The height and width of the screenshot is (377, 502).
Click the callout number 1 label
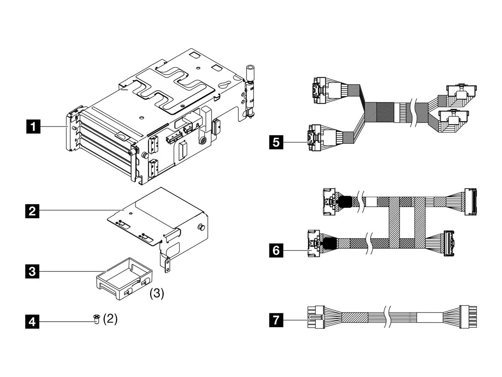(x=33, y=126)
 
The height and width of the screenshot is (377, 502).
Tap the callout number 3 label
(x=33, y=271)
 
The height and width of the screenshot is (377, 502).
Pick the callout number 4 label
(x=33, y=322)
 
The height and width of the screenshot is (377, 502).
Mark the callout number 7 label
(x=275, y=321)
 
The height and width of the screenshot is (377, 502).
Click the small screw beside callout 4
(x=97, y=320)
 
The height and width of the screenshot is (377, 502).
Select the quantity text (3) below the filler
(x=157, y=294)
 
